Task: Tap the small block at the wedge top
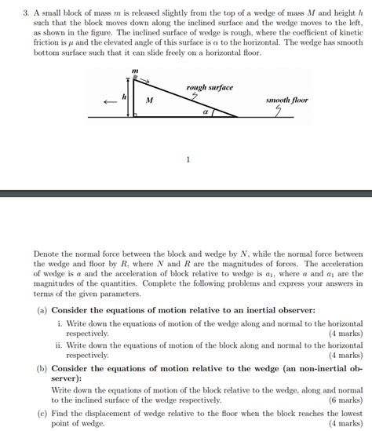tap(135, 78)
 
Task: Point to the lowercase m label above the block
tap(135, 70)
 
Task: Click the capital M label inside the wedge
tap(149, 101)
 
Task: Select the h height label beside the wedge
tap(124, 97)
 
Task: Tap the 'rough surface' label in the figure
tap(210, 87)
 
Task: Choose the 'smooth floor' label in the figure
tap(287, 100)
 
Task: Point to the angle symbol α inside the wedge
tap(205, 111)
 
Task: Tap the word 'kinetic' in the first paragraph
tap(348, 35)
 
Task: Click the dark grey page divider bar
tap(186, 193)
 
